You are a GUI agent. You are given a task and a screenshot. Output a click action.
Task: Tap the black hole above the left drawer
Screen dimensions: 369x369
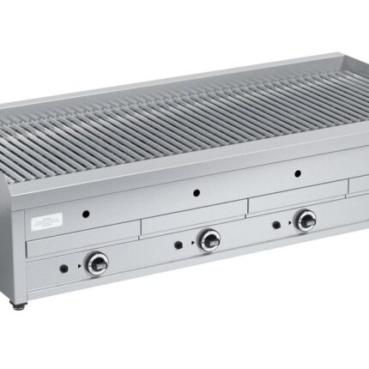pos(86,212)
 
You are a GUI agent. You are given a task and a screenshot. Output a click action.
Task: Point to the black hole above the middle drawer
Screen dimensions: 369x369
pos(197,191)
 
